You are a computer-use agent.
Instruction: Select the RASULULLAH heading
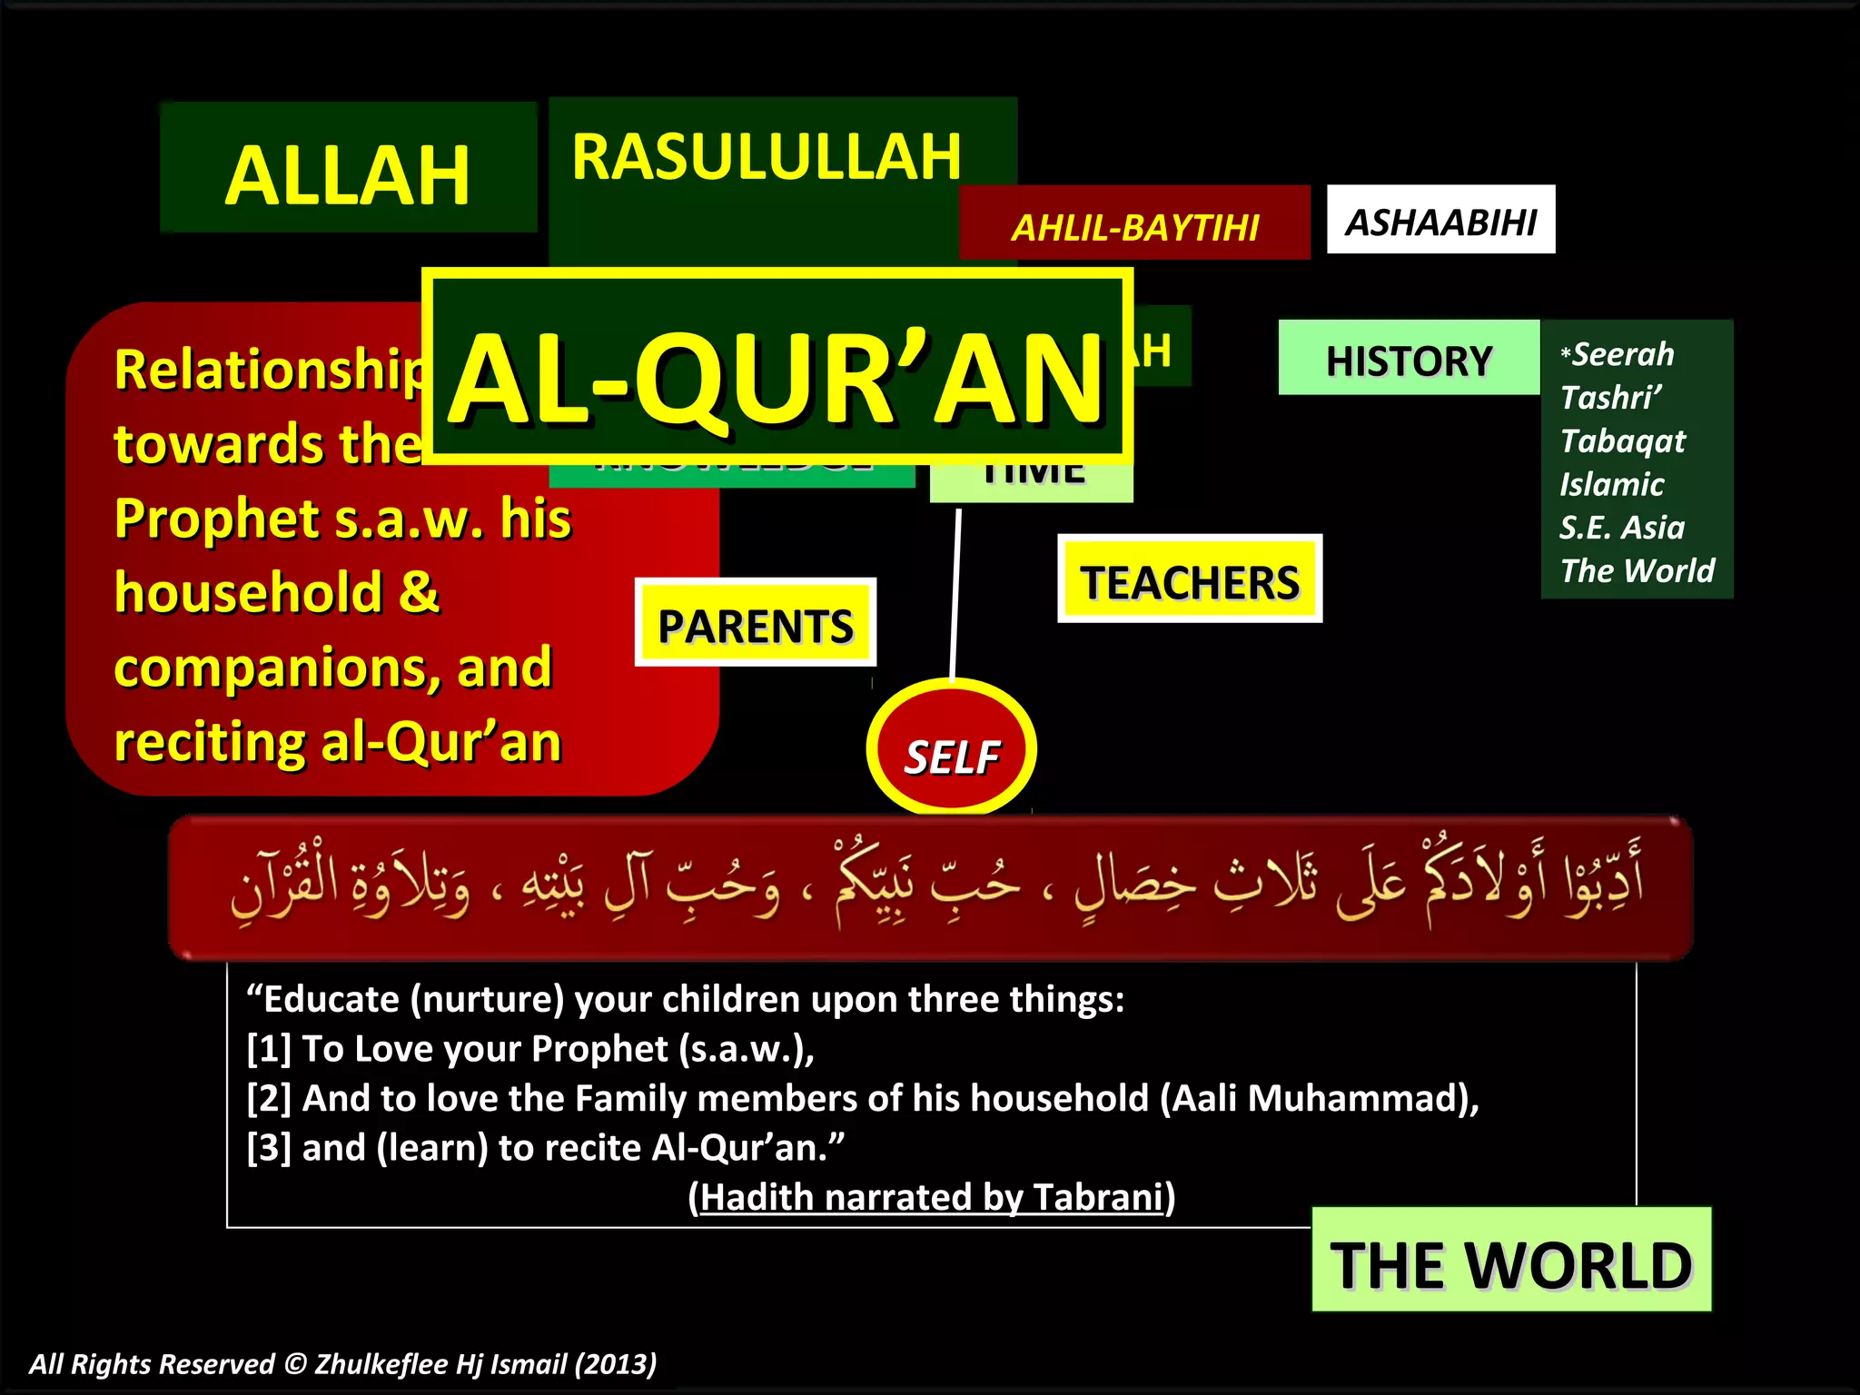766,157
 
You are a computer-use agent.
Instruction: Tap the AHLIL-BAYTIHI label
1135,227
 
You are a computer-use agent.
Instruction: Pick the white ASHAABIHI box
1440,221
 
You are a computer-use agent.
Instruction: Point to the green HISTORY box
1409,360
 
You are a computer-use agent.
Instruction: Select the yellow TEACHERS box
1190,581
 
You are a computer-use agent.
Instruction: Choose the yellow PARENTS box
755,625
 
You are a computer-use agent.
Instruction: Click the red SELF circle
951,754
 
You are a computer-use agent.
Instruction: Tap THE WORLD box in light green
1511,1263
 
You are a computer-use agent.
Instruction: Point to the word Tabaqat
1622,441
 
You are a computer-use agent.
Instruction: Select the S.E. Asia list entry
1622,528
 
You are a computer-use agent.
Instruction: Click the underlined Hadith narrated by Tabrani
932,1197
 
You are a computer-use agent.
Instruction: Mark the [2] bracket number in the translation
269,1099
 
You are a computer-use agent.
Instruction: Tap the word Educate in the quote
331,1000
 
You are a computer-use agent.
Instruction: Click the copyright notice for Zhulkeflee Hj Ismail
343,1364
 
